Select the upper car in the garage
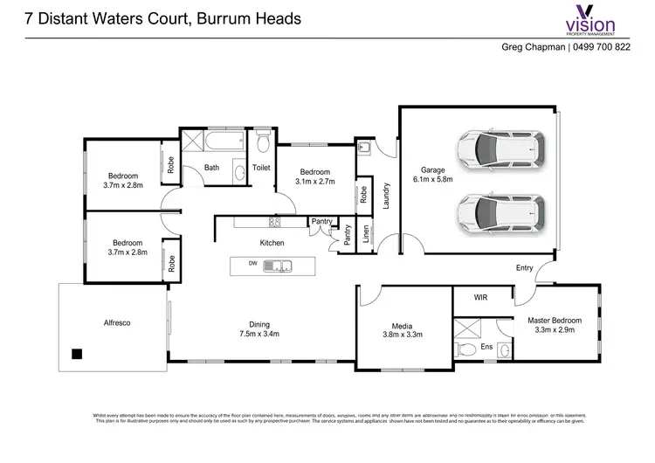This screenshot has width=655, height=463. click(501, 149)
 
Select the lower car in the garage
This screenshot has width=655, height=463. click(501, 211)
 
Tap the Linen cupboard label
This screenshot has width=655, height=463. click(367, 234)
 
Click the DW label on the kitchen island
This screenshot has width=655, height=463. click(252, 263)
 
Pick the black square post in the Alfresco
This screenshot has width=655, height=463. click(77, 354)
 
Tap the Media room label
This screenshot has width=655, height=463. click(403, 323)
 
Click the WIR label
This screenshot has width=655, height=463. click(480, 298)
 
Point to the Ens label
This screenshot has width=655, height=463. click(487, 348)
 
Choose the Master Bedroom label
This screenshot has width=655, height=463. click(555, 321)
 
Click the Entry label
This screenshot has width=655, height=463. click(524, 268)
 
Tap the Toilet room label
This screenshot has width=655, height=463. click(261, 167)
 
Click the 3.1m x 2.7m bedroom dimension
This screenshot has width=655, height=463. click(314, 182)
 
